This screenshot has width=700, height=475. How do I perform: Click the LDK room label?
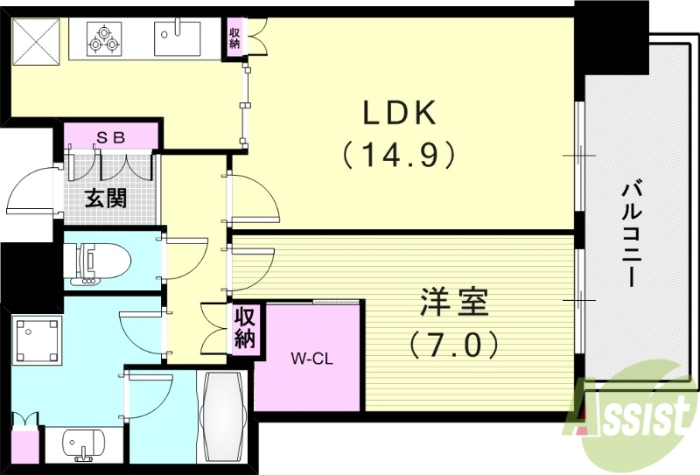[399, 115]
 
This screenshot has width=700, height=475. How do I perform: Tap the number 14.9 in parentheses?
[399, 155]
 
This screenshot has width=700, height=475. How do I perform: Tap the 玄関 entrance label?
[105, 198]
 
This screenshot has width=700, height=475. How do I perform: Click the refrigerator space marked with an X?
[36, 39]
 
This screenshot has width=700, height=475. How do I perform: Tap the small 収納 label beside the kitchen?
[235, 38]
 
